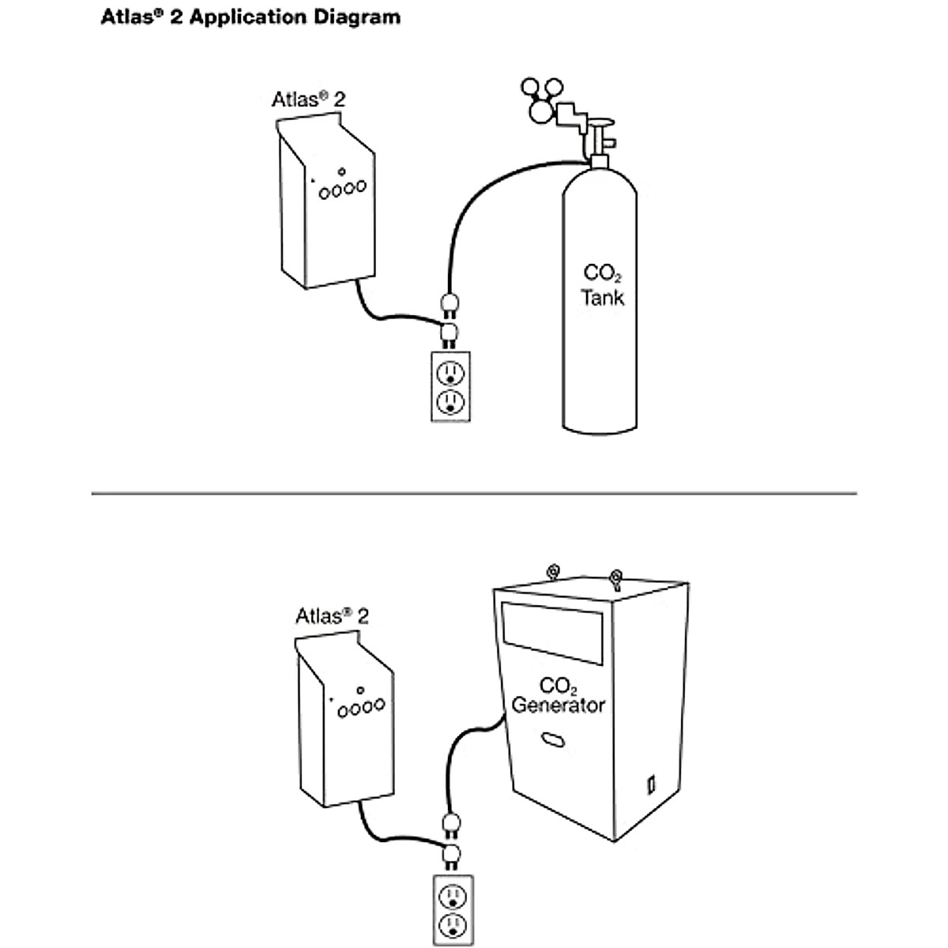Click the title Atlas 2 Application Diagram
(250, 17)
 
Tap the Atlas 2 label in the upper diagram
(308, 100)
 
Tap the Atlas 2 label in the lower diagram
(332, 616)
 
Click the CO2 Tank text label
(602, 285)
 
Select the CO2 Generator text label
(558, 695)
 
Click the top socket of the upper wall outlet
(450, 372)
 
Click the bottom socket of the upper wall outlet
(450, 401)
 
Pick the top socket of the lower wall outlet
(453, 897)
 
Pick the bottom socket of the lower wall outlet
(453, 925)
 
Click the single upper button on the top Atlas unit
(341, 171)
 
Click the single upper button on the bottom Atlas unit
(360, 690)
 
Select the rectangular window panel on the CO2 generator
(552, 633)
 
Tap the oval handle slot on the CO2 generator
(552, 739)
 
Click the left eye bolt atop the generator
(554, 572)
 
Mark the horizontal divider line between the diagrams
(474, 493)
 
